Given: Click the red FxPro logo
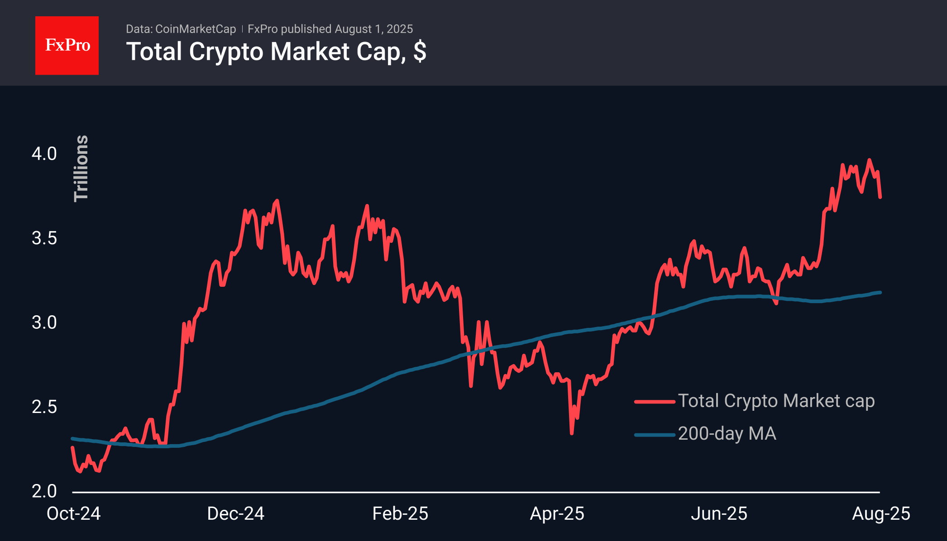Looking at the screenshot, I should (67, 45).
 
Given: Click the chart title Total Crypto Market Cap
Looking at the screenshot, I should (276, 52).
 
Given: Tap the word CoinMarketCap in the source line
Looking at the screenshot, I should (196, 29).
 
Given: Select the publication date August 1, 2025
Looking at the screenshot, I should (373, 29).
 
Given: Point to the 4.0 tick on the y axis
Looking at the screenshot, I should (44, 154).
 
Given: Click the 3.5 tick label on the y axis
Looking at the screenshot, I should (44, 238).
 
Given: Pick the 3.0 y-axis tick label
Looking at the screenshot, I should (44, 323).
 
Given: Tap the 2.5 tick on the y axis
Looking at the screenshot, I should (44, 407).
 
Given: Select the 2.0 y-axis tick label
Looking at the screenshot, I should (44, 491).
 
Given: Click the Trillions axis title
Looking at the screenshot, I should (81, 168).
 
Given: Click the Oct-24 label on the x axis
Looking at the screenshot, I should (73, 514).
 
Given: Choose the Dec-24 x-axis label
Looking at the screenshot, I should (235, 514).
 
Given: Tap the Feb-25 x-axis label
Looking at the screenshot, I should (400, 514).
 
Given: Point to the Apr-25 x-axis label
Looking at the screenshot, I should (557, 514).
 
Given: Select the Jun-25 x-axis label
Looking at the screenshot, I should (719, 514).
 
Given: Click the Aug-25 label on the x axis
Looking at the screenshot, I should (881, 514).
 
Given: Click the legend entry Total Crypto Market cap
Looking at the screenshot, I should (776, 401).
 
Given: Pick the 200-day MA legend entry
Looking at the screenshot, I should (727, 434).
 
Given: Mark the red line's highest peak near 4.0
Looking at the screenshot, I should (869, 160).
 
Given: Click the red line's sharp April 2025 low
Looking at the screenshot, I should (572, 433).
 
